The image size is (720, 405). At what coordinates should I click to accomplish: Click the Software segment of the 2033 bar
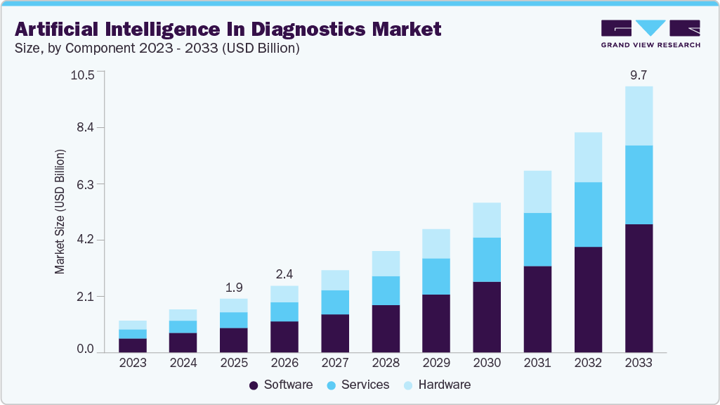[639, 288]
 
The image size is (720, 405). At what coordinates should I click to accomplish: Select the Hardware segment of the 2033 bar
[639, 116]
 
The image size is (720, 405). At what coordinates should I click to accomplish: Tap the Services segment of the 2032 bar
[588, 214]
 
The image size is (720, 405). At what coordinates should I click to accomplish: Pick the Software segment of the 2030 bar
[487, 317]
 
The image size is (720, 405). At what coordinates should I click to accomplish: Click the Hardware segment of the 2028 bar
[386, 264]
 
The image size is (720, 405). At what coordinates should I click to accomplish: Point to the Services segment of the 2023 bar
[133, 334]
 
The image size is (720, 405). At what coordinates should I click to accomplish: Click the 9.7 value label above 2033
[639, 75]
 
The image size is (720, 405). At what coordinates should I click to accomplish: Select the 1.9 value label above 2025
[234, 287]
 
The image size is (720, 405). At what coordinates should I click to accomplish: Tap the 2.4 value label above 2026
[284, 274]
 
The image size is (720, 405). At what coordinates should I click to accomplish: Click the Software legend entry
[280, 385]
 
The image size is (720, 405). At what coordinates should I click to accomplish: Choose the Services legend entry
[358, 385]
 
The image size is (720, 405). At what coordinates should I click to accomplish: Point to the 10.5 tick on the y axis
[83, 75]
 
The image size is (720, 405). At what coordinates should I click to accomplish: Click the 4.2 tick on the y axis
[86, 240]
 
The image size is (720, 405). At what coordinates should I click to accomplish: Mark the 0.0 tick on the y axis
[86, 349]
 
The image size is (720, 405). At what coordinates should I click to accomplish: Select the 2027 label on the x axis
[335, 363]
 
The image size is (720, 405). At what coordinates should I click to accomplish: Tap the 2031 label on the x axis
[537, 363]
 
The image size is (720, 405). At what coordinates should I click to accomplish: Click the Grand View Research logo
[650, 34]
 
